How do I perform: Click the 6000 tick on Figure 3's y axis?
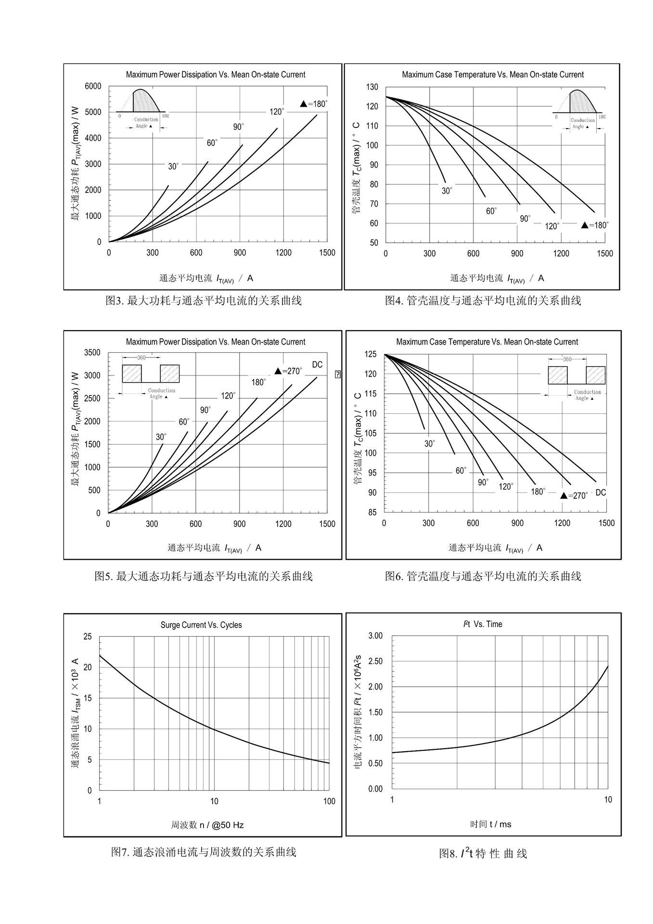point(93,86)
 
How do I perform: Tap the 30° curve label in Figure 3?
point(173,167)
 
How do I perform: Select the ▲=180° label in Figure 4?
point(595,225)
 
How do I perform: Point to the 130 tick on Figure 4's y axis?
point(372,87)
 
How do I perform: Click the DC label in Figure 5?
point(317,365)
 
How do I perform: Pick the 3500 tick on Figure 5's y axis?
point(92,353)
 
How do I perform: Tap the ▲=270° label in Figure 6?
point(574,495)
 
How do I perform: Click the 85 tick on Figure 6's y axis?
point(372,513)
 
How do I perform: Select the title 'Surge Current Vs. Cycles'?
point(201,625)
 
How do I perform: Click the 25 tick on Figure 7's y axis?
point(88,637)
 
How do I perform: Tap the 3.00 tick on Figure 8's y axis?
point(375,636)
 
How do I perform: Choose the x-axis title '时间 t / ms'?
point(491,824)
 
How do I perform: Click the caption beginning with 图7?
point(204,852)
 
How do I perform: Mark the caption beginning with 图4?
point(483,301)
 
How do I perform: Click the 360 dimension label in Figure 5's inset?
point(141,358)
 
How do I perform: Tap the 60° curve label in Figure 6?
point(461,471)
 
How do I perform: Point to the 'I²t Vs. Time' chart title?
point(482,624)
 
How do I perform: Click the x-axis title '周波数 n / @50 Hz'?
point(207,825)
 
